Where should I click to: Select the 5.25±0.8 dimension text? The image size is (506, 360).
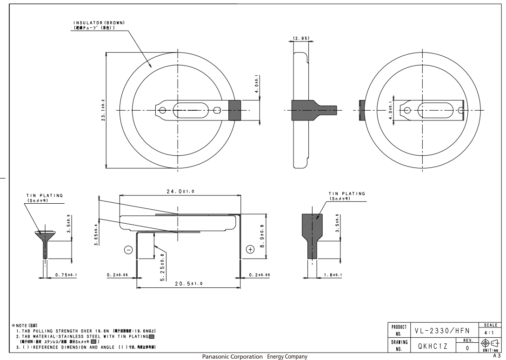[x=162, y=265]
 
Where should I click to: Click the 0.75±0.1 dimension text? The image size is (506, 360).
[x=66, y=274]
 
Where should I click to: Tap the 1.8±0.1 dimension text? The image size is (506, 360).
[x=332, y=274]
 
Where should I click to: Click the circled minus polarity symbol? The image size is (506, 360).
[x=129, y=250]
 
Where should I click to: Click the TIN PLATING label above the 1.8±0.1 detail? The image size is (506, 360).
[x=346, y=193]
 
